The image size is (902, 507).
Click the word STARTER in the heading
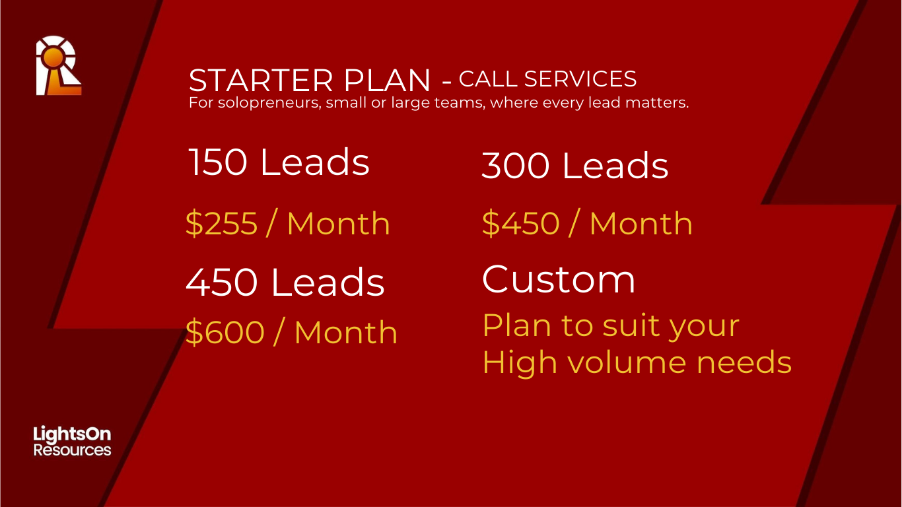261,80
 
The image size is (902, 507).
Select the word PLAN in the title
387,80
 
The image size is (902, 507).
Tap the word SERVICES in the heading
580,79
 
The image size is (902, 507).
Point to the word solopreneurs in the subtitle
269,103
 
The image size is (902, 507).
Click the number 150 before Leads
217,162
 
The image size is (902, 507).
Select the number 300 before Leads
516,165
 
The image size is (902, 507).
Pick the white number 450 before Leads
221,283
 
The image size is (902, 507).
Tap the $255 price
221,224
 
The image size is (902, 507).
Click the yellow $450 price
520,224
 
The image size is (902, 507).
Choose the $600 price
225,333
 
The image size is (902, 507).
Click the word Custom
559,279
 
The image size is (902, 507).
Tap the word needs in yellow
744,362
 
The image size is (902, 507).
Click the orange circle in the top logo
54,57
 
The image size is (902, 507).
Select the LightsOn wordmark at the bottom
72,434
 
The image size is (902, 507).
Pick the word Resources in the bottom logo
72,450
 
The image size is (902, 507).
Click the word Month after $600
346,333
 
